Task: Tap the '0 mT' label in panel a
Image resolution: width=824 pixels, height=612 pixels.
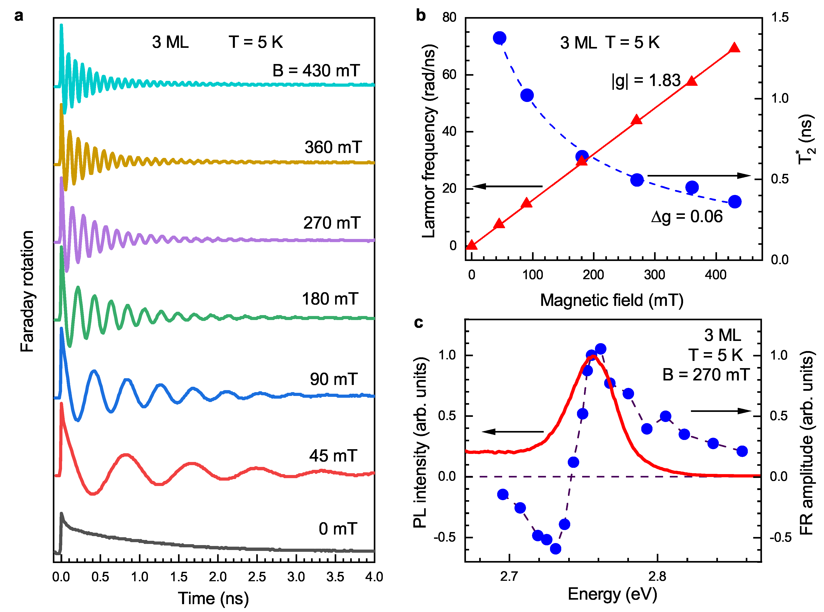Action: pyautogui.click(x=338, y=529)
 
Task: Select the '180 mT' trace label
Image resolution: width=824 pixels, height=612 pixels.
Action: pyautogui.click(x=330, y=299)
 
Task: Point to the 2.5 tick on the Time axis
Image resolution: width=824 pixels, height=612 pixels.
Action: pyautogui.click(x=257, y=577)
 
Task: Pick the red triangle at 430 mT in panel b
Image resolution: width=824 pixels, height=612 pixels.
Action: pyautogui.click(x=734, y=48)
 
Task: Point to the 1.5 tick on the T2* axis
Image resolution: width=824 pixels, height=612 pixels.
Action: pyautogui.click(x=779, y=18)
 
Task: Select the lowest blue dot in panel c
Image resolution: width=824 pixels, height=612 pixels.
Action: pyautogui.click(x=555, y=549)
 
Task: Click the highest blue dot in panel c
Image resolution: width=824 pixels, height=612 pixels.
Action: pyautogui.click(x=601, y=349)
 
